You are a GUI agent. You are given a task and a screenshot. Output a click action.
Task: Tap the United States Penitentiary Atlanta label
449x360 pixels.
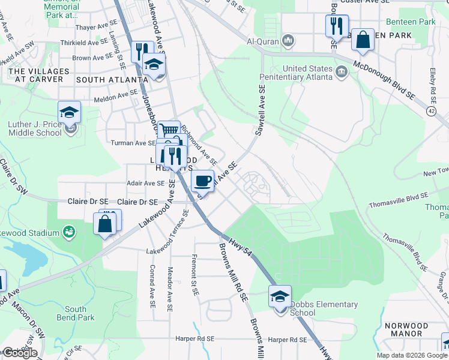pos(296,73)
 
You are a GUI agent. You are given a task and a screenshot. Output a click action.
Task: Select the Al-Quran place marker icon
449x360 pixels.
pos(289,41)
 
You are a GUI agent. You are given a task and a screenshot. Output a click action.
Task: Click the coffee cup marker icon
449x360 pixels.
pos(202,180)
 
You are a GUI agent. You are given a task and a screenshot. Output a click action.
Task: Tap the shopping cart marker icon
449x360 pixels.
pos(169,131)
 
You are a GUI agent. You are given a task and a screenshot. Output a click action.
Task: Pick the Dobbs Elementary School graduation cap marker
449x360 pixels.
pos(280,296)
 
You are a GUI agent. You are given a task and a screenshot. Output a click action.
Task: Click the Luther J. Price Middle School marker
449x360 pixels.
pos(69,112)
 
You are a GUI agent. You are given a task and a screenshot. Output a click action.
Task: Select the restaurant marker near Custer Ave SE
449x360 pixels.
pos(335,26)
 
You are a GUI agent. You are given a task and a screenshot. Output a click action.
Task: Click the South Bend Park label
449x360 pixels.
pos(80,313)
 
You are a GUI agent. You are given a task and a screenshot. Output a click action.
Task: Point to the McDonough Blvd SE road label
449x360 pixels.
pos(385,73)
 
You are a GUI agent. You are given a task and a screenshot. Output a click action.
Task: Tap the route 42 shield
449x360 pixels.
pos(431,111)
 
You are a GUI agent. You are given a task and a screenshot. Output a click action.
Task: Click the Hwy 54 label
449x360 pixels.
pos(240,249)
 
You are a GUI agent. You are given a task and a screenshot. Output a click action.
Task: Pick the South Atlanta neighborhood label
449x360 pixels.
pos(107,79)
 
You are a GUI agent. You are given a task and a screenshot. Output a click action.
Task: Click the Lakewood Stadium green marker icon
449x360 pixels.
pos(70,230)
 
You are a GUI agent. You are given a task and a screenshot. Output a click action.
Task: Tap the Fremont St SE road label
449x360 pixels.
pos(194,276)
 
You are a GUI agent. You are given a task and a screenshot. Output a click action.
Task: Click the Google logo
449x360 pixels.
pos(19,353)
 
